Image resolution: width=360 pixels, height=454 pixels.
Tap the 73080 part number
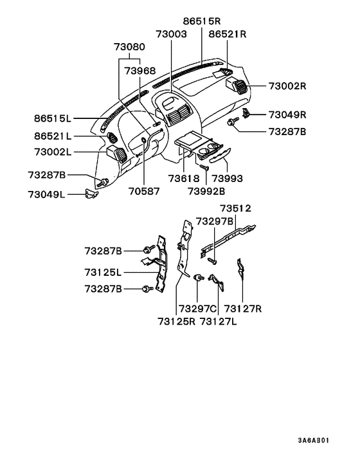pyautogui.click(x=130, y=47)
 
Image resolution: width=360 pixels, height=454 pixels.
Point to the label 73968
pyautogui.click(x=140, y=70)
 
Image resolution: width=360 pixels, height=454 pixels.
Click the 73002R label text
pyautogui.click(x=287, y=86)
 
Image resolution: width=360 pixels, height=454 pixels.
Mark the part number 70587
pyautogui.click(x=144, y=190)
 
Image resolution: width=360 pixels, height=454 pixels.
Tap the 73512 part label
pyautogui.click(x=235, y=208)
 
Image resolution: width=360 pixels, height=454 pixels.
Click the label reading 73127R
pyautogui.click(x=244, y=308)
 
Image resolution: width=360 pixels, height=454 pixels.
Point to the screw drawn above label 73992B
pyautogui.click(x=204, y=167)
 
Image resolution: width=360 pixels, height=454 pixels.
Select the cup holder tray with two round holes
pyautogui.click(x=210, y=151)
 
